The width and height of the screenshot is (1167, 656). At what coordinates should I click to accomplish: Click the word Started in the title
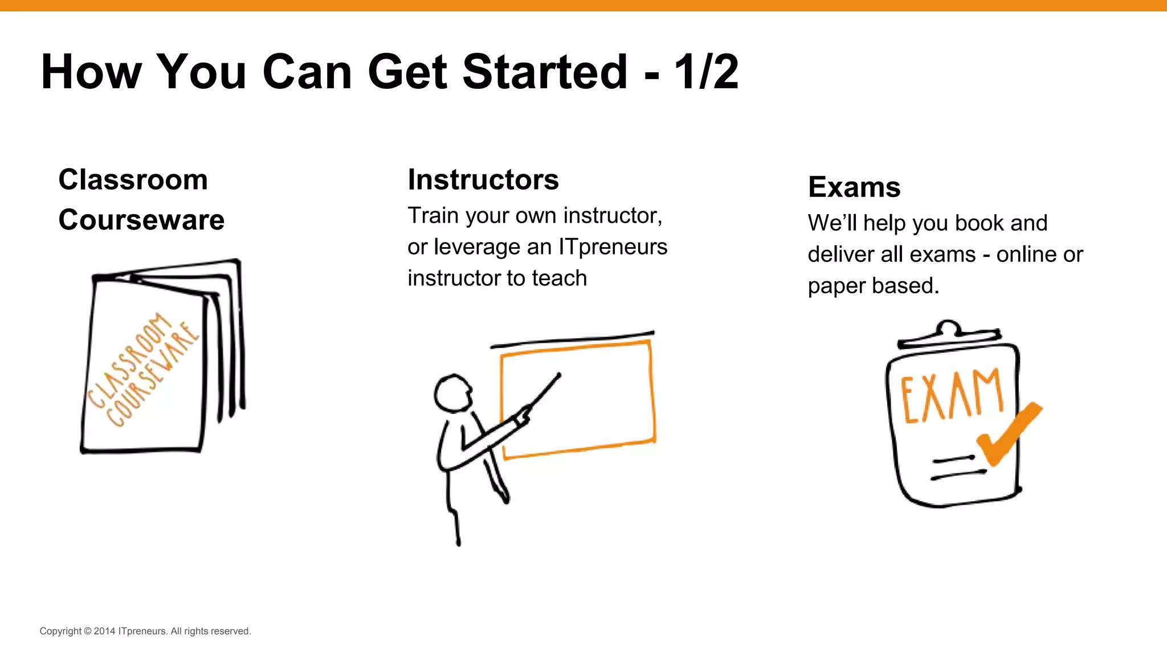[544, 72]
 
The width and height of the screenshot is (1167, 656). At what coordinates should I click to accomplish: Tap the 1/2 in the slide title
[707, 72]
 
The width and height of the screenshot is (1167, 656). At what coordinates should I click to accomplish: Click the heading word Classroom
[133, 180]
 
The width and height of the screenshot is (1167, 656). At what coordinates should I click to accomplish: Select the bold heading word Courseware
[141, 220]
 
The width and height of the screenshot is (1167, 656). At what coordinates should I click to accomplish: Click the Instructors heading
[483, 180]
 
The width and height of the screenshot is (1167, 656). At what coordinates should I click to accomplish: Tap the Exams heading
[854, 187]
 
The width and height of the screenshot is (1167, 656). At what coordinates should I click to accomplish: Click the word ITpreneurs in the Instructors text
[613, 247]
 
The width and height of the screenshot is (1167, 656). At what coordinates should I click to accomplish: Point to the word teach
[559, 278]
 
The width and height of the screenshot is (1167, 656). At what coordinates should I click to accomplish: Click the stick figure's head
[453, 392]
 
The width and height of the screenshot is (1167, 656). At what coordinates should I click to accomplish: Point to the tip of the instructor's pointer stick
[559, 375]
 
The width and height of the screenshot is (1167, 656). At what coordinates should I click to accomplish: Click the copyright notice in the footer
[145, 631]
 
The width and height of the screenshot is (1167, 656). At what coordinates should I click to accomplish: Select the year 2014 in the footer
[104, 631]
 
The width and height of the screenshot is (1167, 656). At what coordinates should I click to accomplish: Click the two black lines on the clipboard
[957, 466]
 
